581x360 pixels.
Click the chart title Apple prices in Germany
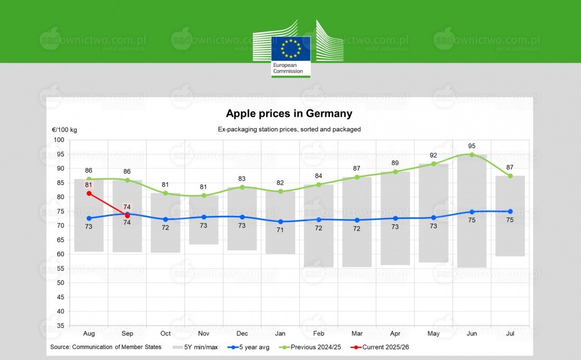click(289, 113)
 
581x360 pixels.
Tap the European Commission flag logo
click(291, 56)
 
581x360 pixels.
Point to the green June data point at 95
click(472, 155)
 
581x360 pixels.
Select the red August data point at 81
click(89, 193)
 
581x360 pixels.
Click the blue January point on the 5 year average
click(280, 222)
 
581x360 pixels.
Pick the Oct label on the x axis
click(165, 334)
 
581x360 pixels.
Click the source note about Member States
click(104, 347)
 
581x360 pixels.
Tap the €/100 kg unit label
click(64, 130)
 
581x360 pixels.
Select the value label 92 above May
click(434, 155)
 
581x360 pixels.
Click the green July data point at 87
click(510, 176)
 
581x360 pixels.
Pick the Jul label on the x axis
click(510, 334)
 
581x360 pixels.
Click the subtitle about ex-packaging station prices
click(289, 129)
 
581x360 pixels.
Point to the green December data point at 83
click(242, 187)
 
